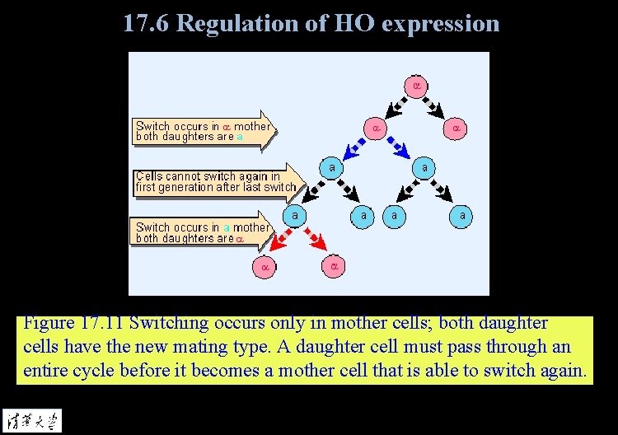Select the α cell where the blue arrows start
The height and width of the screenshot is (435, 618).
375,129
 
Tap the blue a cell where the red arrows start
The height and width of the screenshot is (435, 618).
294,216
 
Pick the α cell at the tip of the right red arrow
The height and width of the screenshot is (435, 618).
334,267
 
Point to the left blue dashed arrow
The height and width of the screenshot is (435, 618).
354,147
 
